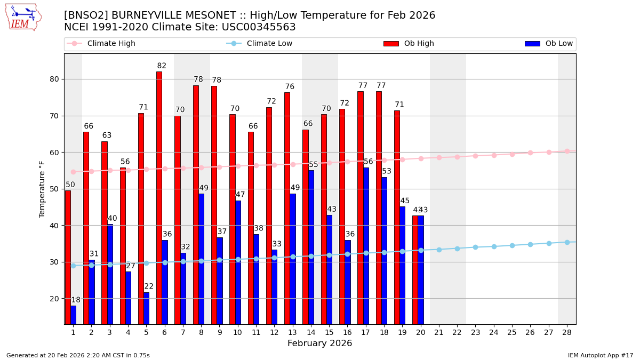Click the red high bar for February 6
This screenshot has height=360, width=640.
pos(159,197)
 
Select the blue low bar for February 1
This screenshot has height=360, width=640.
pos(73,315)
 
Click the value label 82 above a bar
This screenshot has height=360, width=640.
pos(162,66)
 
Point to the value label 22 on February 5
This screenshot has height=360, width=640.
pos(149,286)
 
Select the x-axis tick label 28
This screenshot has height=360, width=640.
pos(567,332)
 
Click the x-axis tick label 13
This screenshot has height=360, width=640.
pos(292,332)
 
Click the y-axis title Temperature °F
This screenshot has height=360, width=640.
pos(42,189)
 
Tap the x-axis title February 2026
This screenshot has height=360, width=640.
pos(320,343)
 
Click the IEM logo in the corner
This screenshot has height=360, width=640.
pos(23,17)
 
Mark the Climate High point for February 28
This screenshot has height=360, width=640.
pos(567,151)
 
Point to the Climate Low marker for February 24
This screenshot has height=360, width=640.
pos(494,246)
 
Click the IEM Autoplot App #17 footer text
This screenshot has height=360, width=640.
pos(600,355)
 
